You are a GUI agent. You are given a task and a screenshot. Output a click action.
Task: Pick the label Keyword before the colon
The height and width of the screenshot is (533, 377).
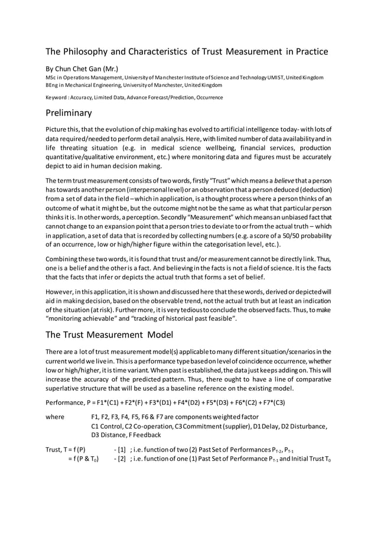click(58, 97)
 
